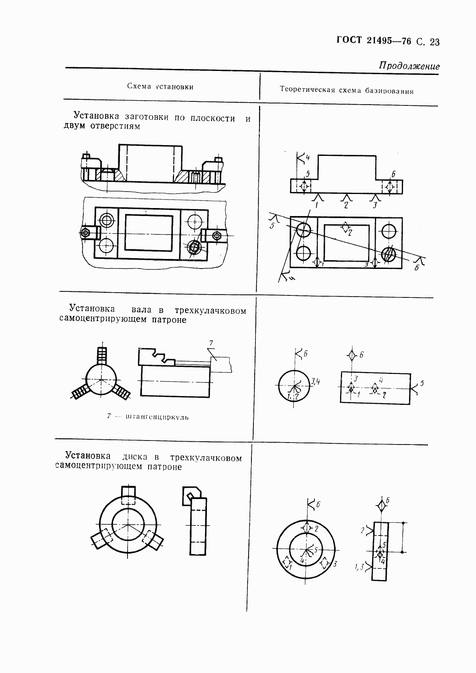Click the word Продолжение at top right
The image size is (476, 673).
click(x=409, y=66)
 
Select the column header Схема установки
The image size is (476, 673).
click(x=160, y=86)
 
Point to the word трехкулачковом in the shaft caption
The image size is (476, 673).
click(x=211, y=311)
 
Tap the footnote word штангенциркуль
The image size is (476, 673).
click(x=157, y=417)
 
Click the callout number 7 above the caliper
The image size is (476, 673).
click(x=211, y=343)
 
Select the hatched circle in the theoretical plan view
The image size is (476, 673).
click(x=389, y=254)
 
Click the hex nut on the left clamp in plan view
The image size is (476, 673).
click(x=85, y=233)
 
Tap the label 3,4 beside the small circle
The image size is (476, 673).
click(x=315, y=381)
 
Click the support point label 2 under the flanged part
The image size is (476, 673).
click(x=346, y=205)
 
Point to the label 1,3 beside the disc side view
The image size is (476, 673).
click(x=359, y=567)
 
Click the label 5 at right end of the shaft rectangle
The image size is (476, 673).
click(x=422, y=384)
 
